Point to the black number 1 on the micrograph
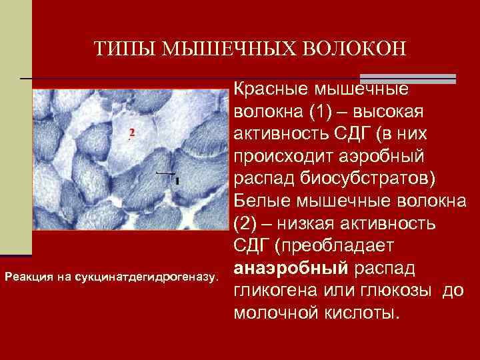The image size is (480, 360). pyautogui.click(x=177, y=181)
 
